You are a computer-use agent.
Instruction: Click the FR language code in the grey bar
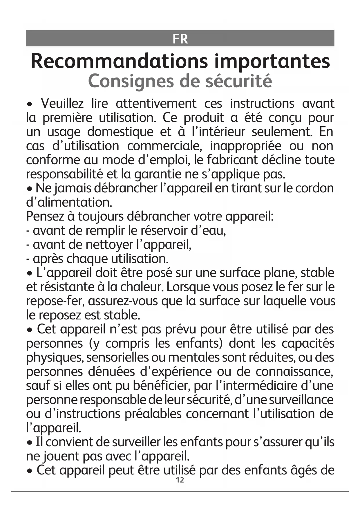pyautogui.click(x=180, y=39)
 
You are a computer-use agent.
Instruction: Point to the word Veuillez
pyautogui.click(x=62, y=104)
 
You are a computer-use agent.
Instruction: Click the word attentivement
pyautogui.click(x=156, y=104)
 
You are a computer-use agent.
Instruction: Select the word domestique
pyautogui.click(x=120, y=132)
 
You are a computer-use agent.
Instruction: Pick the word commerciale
pyautogui.click(x=164, y=146)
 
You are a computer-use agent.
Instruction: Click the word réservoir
pyautogui.click(x=164, y=230)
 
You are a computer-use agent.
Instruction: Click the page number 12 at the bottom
pyautogui.click(x=180, y=480)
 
